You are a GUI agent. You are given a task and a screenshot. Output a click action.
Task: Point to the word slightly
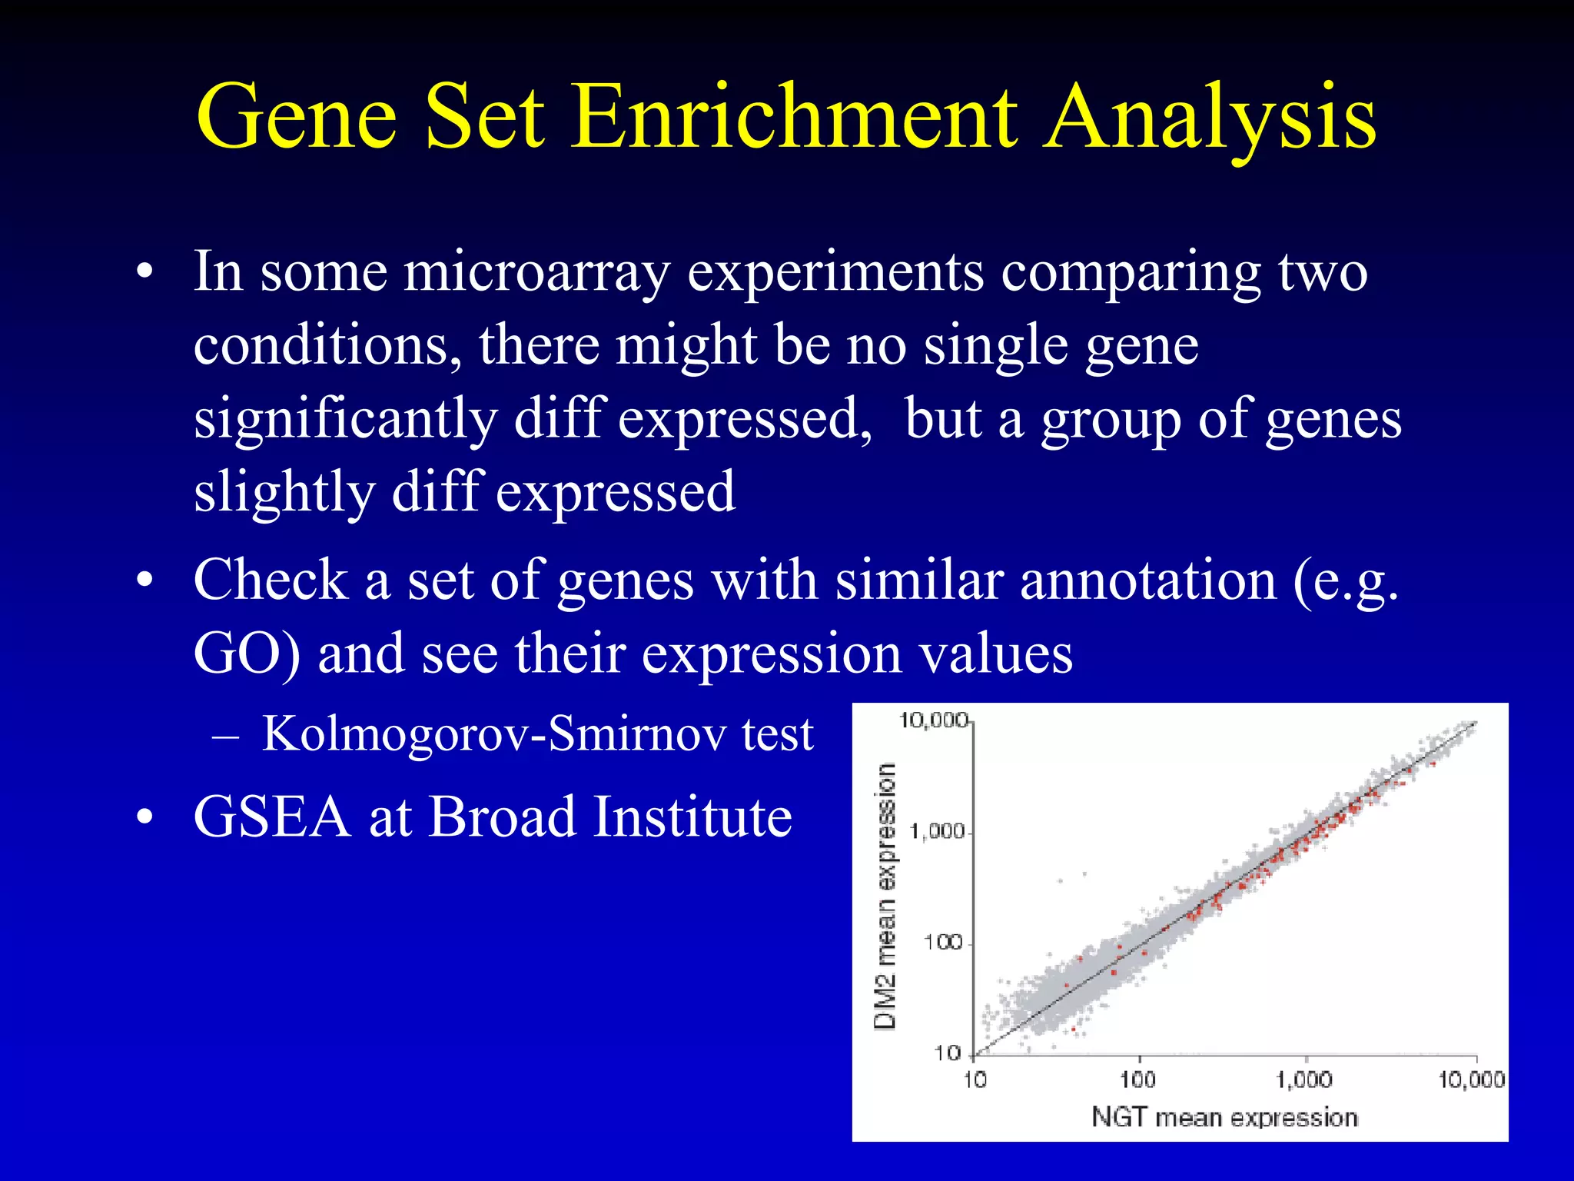click(x=284, y=494)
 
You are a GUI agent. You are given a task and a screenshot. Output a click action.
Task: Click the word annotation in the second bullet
click(x=1148, y=581)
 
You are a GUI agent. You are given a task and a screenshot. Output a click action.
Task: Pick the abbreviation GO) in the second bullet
click(x=247, y=654)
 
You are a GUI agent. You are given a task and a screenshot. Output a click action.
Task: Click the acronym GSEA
click(x=272, y=817)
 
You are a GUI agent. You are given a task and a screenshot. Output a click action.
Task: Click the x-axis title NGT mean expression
click(x=1224, y=1117)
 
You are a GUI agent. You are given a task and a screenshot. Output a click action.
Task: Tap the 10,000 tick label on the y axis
click(x=933, y=720)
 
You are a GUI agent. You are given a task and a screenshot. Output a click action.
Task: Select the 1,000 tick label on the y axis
click(x=938, y=831)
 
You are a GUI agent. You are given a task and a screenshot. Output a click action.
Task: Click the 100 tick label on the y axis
click(x=943, y=942)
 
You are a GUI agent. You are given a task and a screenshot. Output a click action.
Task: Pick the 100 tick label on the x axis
click(x=1137, y=1080)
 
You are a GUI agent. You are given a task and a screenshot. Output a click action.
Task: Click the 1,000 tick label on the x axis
click(x=1304, y=1080)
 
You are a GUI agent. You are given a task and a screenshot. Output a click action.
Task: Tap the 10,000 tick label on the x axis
click(x=1471, y=1080)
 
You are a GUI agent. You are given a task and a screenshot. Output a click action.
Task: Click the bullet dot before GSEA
click(x=144, y=820)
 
